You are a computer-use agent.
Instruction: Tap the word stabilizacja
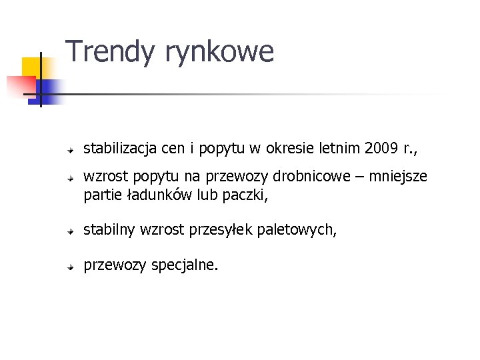pos(117,148)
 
